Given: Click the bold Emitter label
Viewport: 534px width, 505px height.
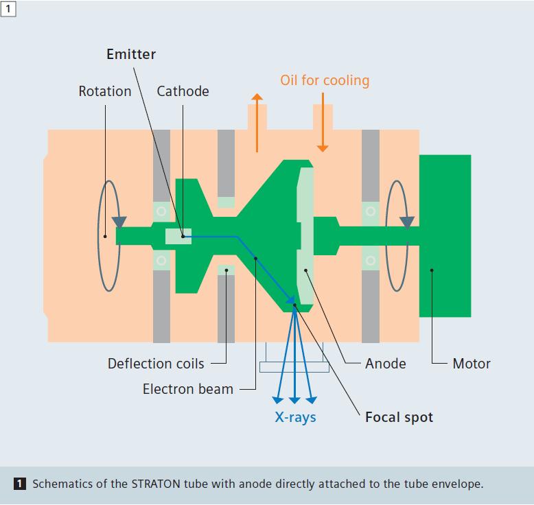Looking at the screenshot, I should [131, 54].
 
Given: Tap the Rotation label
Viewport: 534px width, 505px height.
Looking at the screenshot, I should [104, 91].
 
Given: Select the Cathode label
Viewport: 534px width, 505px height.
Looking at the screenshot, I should [183, 91].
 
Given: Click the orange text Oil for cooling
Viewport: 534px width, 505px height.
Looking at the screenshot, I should [324, 80].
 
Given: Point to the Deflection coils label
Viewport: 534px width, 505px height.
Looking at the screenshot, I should [156, 364].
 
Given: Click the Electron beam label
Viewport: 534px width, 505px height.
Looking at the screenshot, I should [187, 389].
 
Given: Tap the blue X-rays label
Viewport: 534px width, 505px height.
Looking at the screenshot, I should [295, 417].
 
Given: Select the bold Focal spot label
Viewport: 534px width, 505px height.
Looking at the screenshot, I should [399, 417].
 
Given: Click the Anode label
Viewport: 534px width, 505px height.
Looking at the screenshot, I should [385, 364].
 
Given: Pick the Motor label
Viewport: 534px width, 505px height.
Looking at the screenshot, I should [472, 364].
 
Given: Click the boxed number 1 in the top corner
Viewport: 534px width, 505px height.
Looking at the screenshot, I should [8, 8].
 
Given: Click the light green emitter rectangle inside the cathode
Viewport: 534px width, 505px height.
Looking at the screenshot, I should [178, 236].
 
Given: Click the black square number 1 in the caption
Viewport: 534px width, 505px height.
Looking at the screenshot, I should [20, 484].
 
